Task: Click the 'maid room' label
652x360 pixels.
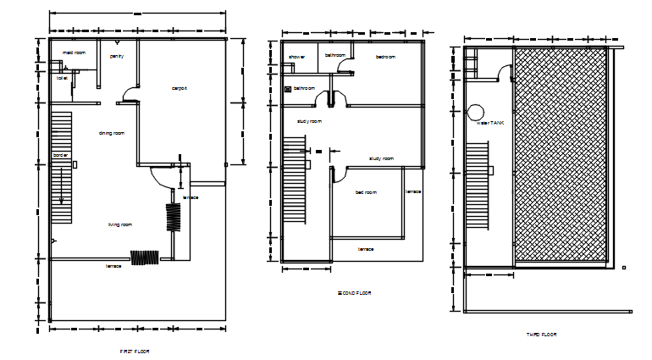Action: click(75, 53)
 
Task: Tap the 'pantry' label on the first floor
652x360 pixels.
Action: click(117, 56)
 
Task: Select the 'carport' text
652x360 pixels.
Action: click(180, 88)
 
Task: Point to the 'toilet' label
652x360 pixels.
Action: click(62, 77)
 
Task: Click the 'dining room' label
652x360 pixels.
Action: click(112, 133)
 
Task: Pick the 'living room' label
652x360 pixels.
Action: click(119, 224)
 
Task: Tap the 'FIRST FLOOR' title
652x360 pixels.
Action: click(135, 350)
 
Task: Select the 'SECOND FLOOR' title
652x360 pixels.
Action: click(355, 293)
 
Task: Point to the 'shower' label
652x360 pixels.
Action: click(296, 57)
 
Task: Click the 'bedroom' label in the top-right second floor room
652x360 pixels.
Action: click(386, 57)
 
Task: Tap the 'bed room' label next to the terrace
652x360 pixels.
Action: click(366, 192)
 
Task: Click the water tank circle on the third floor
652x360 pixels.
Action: click(475, 111)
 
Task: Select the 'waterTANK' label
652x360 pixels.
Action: click(490, 123)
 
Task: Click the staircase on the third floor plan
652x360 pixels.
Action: click(478, 186)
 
